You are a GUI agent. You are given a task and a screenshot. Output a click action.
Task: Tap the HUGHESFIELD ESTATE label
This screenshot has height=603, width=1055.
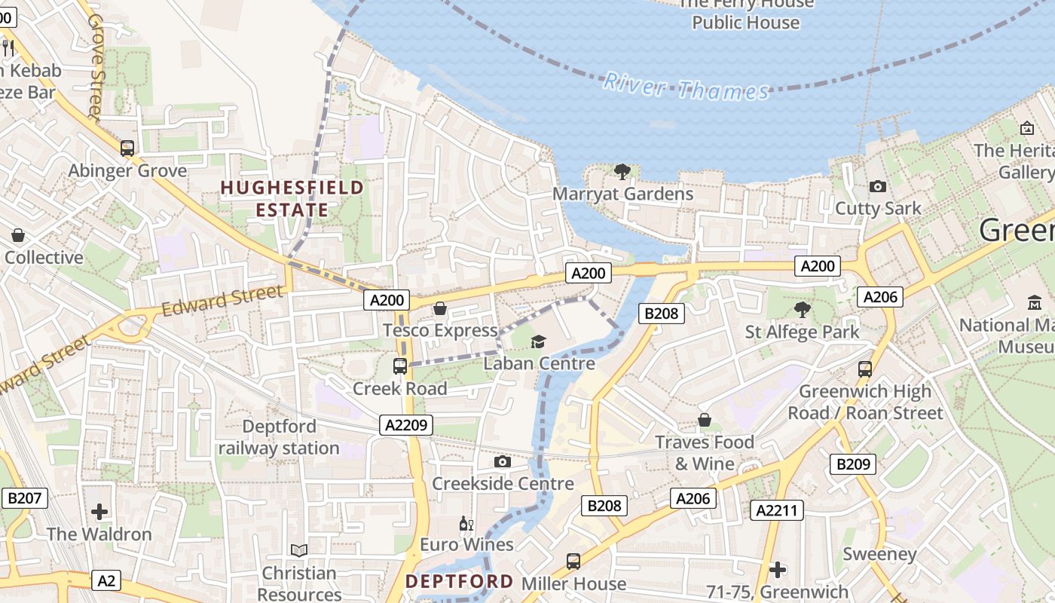292,198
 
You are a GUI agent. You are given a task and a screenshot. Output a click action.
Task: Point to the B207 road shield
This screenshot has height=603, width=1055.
25,497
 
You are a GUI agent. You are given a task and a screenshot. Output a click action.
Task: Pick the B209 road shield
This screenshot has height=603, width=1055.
853,464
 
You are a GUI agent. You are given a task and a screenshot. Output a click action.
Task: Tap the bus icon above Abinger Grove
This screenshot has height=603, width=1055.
127,148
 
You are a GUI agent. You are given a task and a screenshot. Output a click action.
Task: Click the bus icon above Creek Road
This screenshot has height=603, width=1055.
400,366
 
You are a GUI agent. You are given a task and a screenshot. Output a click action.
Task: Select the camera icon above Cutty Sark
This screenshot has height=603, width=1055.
877,186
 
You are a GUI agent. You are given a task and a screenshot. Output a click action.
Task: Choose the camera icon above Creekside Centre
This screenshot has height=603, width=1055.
503,461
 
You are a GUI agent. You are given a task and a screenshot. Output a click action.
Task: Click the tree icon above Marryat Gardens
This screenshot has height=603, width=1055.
622,172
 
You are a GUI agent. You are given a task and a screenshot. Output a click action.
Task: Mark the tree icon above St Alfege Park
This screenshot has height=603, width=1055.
803,309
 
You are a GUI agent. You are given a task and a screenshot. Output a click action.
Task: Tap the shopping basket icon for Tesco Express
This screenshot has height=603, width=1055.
440,308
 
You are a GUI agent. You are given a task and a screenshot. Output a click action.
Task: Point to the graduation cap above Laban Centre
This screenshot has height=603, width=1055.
538,341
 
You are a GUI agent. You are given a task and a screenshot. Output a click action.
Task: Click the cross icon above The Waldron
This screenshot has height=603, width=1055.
99,513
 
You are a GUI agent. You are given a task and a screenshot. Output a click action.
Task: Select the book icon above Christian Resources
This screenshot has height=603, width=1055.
299,551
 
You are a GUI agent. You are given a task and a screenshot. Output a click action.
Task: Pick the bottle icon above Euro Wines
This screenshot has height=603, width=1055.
466,523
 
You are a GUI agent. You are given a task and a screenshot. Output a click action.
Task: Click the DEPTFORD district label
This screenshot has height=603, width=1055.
459,582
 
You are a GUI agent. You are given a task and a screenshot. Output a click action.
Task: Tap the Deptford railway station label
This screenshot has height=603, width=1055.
280,437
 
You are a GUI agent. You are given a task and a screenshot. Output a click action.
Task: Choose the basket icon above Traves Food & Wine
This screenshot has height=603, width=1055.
705,419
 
